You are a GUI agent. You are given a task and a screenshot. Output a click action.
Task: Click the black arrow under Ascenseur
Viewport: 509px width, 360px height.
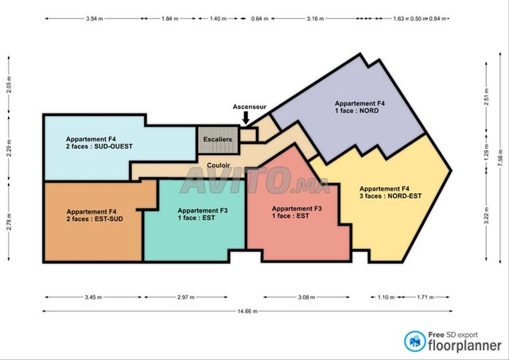[x=246, y=118]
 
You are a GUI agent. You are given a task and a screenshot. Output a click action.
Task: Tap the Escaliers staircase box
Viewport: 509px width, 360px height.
[x=218, y=140]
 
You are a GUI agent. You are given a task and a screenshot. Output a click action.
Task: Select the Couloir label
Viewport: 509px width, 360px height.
[x=219, y=165]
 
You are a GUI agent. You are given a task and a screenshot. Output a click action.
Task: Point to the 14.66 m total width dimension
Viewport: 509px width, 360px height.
[x=247, y=312]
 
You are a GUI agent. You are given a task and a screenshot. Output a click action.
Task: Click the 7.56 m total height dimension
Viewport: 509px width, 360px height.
[x=500, y=159]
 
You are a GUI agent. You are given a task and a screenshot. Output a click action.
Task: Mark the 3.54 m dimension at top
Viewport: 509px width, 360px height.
[x=95, y=19]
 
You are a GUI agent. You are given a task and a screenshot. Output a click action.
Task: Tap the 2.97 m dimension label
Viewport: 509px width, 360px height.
[x=186, y=297]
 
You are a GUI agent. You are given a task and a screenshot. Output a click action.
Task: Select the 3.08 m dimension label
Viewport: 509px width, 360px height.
[x=306, y=297]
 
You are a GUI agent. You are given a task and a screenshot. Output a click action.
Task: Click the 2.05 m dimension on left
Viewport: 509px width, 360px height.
[x=9, y=85]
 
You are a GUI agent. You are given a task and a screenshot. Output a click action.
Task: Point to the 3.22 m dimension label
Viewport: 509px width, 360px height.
[x=486, y=215]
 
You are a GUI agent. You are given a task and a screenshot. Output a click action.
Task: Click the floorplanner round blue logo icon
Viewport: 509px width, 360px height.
[x=415, y=341]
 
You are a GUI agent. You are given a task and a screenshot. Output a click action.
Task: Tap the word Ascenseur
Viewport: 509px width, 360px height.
[x=249, y=106]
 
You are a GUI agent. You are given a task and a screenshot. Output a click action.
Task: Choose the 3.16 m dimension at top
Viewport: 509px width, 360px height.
[x=315, y=19]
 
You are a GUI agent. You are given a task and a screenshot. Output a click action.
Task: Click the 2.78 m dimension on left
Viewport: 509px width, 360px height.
[x=9, y=222]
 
